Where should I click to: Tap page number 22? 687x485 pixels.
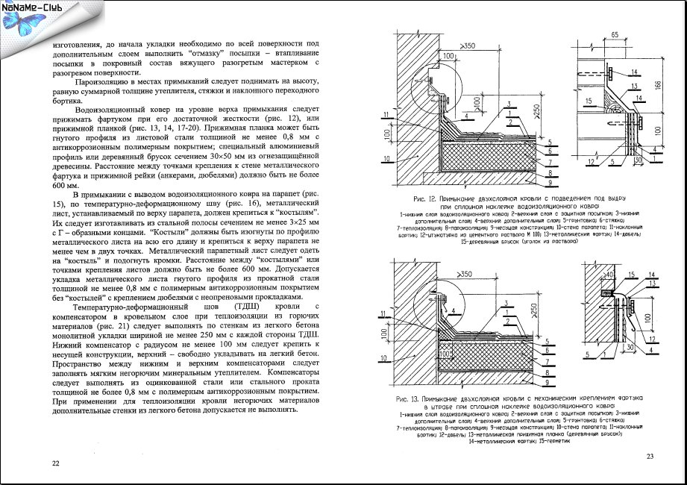click(x=55, y=463)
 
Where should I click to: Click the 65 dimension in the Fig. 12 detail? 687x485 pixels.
click(x=613, y=36)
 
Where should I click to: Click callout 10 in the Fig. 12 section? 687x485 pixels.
click(x=386, y=159)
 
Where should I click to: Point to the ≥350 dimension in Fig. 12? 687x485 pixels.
click(x=468, y=47)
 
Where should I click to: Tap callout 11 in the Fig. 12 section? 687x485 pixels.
click(x=386, y=114)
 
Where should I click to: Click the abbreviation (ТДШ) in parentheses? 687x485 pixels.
click(x=245, y=307)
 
